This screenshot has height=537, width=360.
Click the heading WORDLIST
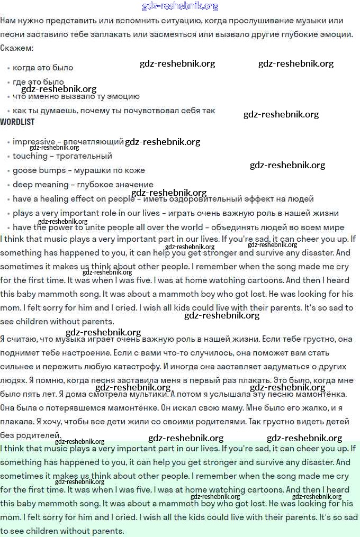tap(17, 122)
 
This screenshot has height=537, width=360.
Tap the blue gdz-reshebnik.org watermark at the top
tap(180, 6)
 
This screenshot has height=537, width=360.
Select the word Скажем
tap(15, 48)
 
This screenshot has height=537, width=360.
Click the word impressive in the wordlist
tap(34, 142)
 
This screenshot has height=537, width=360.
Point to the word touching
tap(30, 156)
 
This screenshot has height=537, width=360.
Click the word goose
tap(24, 170)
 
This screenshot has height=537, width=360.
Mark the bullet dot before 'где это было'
tap(8, 83)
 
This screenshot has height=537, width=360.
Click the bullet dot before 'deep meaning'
tap(8, 185)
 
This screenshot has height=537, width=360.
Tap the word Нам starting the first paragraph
tap(8, 21)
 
